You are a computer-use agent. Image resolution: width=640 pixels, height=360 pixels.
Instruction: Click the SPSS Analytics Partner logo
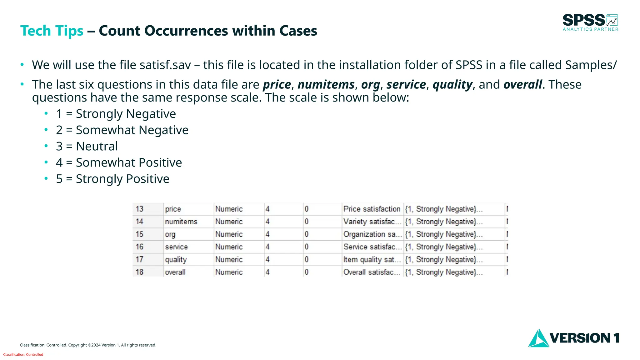[x=590, y=22]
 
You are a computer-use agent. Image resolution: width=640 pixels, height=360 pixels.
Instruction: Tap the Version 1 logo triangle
[x=538, y=339]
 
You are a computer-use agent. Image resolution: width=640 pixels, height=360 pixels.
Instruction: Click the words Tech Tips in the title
[x=52, y=31]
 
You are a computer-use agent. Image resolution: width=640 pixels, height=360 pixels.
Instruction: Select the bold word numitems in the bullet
[x=326, y=85]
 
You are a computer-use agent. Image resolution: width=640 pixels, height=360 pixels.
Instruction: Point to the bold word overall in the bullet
[x=522, y=85]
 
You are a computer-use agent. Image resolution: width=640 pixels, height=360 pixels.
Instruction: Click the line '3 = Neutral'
[x=87, y=146]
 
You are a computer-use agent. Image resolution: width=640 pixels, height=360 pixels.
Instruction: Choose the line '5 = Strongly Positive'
[x=112, y=179]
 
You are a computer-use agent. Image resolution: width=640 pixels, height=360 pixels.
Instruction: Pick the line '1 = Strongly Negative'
[x=116, y=114]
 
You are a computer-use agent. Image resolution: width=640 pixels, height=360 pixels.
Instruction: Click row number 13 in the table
[x=140, y=209]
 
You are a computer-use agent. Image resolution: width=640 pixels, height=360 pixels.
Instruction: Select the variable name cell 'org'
[x=170, y=234]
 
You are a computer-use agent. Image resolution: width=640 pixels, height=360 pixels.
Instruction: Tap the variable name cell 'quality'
[x=176, y=259]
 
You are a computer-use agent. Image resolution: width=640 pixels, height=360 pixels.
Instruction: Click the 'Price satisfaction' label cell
[x=372, y=209]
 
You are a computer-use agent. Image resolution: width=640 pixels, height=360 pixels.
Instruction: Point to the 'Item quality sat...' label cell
[x=372, y=259]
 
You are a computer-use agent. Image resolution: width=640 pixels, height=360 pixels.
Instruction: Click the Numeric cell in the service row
[x=229, y=247]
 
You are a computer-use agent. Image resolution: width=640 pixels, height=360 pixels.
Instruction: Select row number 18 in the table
[x=140, y=272]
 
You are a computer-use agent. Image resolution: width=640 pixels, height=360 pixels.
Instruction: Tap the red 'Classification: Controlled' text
[x=23, y=354]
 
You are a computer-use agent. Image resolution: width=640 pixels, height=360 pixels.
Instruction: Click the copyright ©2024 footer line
[x=88, y=345]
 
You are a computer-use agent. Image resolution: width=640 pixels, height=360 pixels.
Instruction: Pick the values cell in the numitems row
[x=444, y=222]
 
